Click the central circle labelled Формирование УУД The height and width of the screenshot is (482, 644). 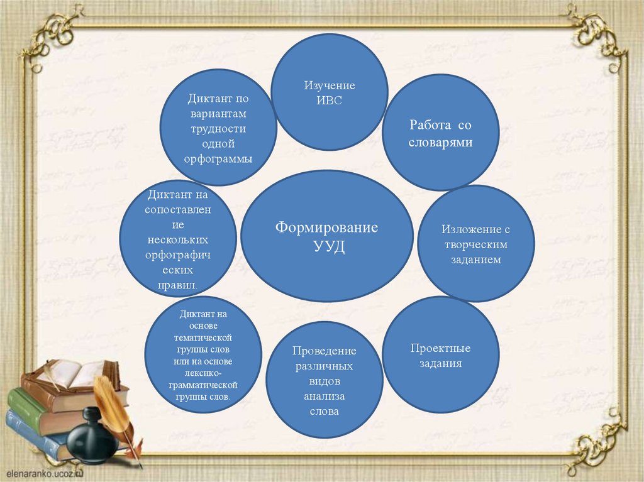tap(327, 236)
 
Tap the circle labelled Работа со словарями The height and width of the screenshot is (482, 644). tap(440, 133)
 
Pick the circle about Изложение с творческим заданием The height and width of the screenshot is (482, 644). tap(475, 243)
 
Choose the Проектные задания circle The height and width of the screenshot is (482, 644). tap(440, 355)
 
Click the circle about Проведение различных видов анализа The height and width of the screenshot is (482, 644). tap(324, 380)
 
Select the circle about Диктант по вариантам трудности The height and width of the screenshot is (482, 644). tap(218, 128)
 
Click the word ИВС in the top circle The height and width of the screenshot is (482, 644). tap(330, 101)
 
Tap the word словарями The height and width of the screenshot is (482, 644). tap(440, 143)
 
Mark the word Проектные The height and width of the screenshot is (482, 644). tap(440, 348)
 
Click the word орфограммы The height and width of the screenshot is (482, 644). tap(218, 158)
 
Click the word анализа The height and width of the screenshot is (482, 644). tap(324, 396)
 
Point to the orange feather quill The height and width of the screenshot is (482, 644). tap(113, 408)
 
